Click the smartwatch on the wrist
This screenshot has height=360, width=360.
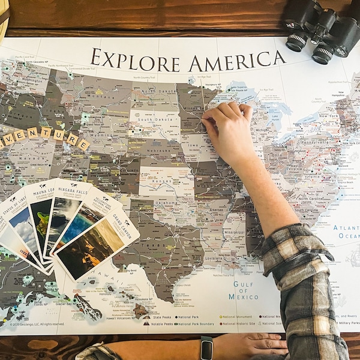pyautogui.click(x=206, y=348)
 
